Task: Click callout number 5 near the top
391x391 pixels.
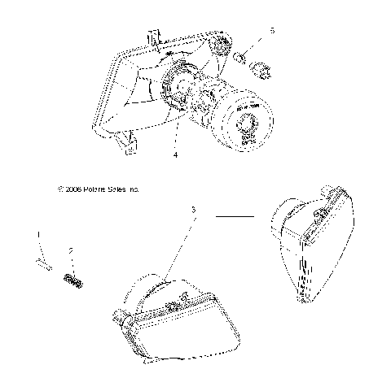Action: tap(273, 30)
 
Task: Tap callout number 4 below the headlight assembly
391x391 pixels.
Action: tap(174, 152)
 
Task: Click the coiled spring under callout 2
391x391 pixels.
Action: tap(74, 280)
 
